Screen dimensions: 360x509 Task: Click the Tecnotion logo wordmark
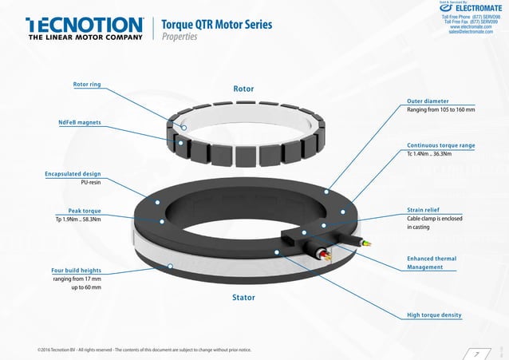point(84,25)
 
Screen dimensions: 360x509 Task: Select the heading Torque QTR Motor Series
point(216,24)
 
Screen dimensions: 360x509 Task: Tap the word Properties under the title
point(180,37)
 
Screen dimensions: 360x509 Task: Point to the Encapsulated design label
point(73,173)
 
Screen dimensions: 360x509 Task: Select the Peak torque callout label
point(84,211)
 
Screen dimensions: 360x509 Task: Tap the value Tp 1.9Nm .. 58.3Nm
point(78,220)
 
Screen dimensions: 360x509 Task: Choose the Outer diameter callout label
point(428,101)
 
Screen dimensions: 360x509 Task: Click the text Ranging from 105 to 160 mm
point(441,109)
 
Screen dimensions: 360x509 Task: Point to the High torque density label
point(434,315)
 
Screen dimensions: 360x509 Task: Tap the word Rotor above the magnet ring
point(243,89)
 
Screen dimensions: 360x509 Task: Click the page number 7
point(476,352)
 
